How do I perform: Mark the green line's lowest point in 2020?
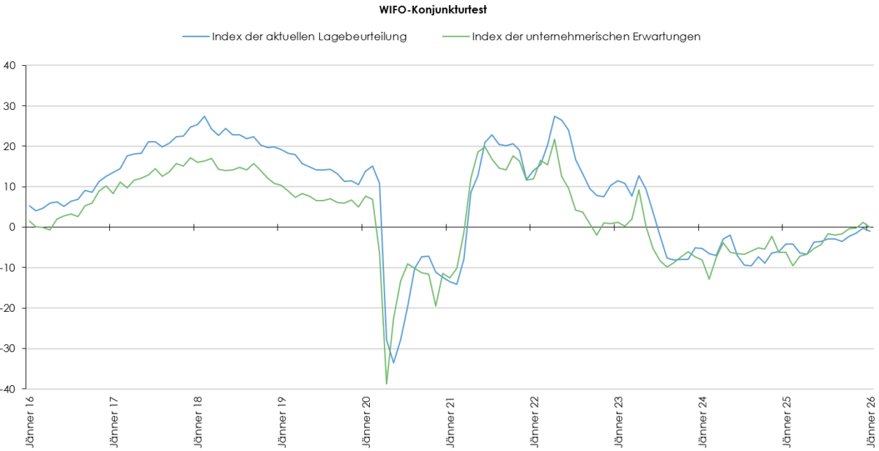(386, 383)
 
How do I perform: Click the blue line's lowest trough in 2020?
(393, 362)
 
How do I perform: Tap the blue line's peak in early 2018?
(204, 116)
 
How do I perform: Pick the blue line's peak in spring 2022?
(555, 116)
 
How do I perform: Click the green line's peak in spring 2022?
(555, 140)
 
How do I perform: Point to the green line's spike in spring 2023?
(639, 190)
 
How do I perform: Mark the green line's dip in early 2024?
(709, 279)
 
